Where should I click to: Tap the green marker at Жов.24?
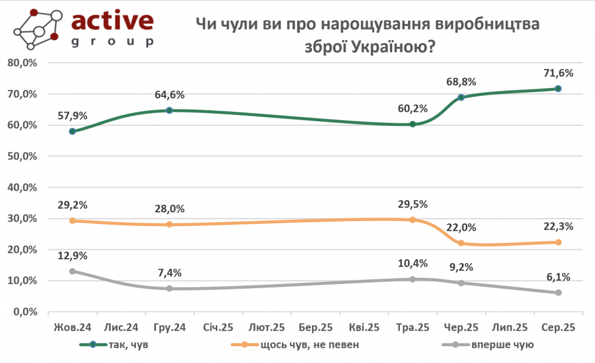pyautogui.click(x=72, y=132)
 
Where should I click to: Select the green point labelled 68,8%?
pyautogui.click(x=461, y=97)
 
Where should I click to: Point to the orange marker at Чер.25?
pyautogui.click(x=461, y=243)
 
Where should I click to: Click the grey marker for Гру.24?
pyautogui.click(x=170, y=288)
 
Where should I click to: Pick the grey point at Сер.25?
pyautogui.click(x=558, y=293)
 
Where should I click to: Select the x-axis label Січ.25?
pyautogui.click(x=218, y=328)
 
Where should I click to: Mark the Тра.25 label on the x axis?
pyautogui.click(x=412, y=328)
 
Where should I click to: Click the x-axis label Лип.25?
pyautogui.click(x=510, y=328)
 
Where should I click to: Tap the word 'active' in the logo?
pyautogui.click(x=112, y=21)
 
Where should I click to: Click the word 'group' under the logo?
pyautogui.click(x=112, y=42)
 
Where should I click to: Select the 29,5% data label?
pyautogui.click(x=413, y=204)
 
